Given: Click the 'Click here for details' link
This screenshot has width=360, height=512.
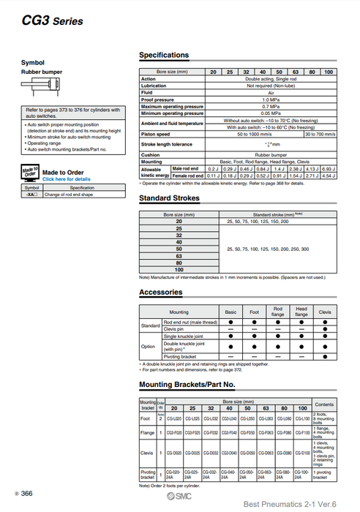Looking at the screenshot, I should tap(67, 178).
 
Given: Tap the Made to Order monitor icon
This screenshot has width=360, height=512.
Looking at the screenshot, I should tap(31, 173).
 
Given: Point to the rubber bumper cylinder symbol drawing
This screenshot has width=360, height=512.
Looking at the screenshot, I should tap(33, 85).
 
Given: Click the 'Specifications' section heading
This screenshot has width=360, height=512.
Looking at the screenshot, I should tap(164, 56).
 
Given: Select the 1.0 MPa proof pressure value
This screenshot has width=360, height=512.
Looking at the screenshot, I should tap(270, 99).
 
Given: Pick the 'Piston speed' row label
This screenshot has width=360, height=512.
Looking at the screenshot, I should tap(156, 134).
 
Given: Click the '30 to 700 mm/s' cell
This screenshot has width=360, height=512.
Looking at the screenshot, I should tap(320, 134).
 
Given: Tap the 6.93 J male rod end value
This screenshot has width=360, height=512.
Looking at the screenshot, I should tap(329, 169).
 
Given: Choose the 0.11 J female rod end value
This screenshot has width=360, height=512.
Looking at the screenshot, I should tap(213, 176).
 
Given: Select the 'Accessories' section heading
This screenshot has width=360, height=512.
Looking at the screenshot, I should tap(161, 293).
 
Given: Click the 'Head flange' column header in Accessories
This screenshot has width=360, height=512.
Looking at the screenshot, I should tap(301, 312).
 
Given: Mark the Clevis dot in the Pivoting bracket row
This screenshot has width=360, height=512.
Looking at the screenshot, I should tap(325, 355).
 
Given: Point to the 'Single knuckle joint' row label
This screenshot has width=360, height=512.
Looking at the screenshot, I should tap(182, 336).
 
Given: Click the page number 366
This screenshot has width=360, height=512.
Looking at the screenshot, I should tap(26, 494).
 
